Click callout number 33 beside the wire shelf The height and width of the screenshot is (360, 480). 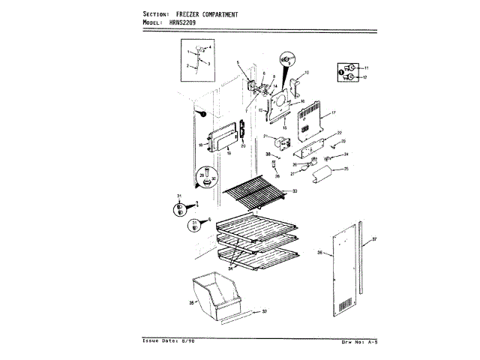point(295,192)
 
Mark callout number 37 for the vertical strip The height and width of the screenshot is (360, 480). point(374,239)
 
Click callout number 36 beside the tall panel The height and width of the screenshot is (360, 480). point(319,253)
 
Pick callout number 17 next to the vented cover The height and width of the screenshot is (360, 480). point(333,112)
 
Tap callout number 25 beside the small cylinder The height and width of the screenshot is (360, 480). point(346,169)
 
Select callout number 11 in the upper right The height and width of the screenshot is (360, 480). point(366,68)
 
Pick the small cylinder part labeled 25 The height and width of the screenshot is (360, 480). point(324,175)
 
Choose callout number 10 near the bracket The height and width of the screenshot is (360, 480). point(306,73)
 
